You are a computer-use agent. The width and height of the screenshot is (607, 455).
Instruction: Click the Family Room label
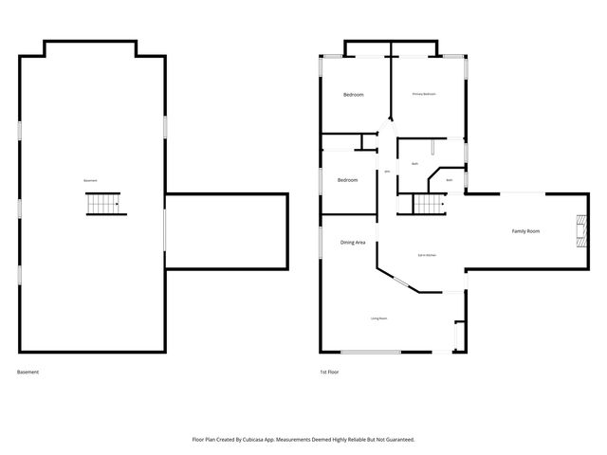point(526,231)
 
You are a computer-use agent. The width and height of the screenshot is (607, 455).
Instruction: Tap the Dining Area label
point(354,244)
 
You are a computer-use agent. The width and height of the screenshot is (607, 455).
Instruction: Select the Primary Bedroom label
point(424,94)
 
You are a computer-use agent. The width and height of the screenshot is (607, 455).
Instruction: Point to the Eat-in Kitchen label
point(427,256)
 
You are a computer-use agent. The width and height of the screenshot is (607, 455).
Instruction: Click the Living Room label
point(379,318)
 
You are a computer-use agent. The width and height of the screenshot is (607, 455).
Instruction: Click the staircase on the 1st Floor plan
point(429,204)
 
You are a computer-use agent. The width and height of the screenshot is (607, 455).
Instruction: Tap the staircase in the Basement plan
point(104,204)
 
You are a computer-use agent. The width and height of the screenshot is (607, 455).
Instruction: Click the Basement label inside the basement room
point(91,181)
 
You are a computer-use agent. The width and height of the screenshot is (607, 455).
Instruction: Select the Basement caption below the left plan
point(28,373)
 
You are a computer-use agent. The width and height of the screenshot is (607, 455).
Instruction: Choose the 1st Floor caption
point(329,373)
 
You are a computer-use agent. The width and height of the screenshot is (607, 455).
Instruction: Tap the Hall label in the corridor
point(387,172)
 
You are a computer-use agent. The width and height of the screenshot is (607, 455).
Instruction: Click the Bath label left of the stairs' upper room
point(415,164)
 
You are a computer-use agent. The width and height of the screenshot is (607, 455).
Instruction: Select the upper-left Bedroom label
point(353,95)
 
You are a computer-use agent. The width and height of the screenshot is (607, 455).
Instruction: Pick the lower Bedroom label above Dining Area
point(348,180)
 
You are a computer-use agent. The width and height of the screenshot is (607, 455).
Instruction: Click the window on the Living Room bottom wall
point(371,353)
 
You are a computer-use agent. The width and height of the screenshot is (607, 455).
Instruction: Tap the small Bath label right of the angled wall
point(450,179)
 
